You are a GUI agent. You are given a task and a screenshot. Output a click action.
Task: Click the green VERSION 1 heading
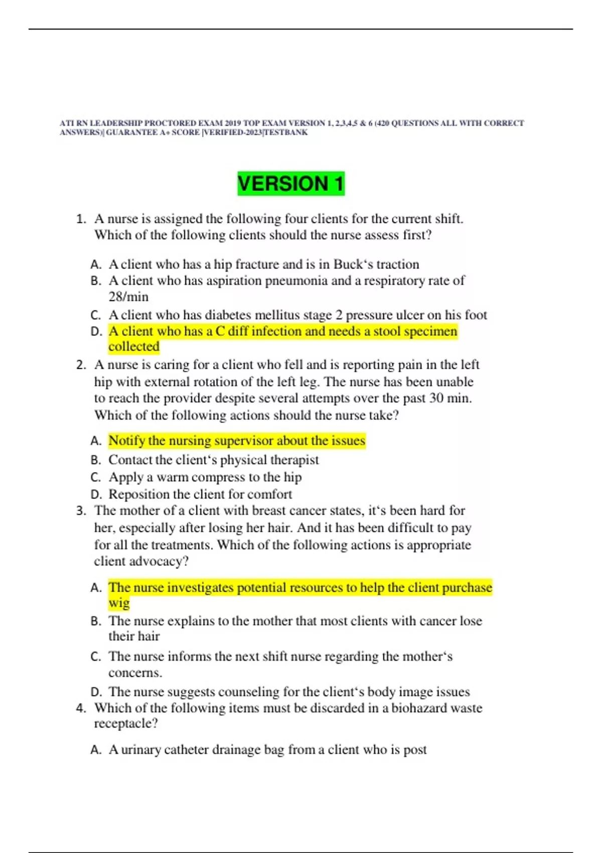point(291,184)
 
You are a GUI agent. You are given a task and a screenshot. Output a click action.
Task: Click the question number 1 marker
point(81,219)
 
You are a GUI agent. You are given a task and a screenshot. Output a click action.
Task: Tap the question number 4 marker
point(81,708)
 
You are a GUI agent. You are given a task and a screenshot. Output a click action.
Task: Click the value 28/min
point(128,297)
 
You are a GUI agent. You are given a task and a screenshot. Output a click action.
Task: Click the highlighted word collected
point(134,347)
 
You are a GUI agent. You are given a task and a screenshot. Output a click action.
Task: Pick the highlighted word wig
point(119,603)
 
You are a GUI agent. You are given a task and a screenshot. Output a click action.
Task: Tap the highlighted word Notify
point(126,441)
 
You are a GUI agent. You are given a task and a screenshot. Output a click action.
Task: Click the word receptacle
point(122,724)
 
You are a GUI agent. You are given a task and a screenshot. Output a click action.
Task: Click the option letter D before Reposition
point(96,495)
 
